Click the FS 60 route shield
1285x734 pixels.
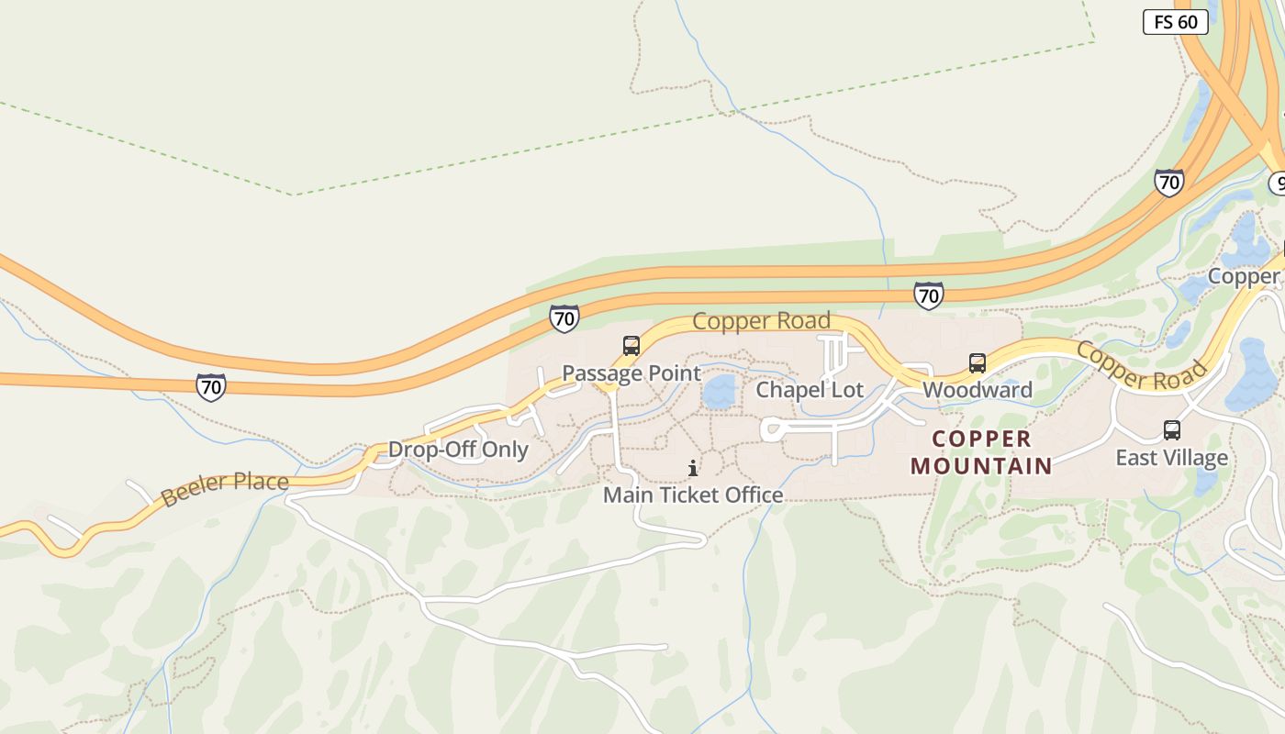(x=1175, y=22)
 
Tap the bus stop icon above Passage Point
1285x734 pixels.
(x=631, y=346)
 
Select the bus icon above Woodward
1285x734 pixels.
(x=978, y=363)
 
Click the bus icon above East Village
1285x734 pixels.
(x=1172, y=429)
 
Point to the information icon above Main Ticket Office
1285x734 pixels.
(x=693, y=469)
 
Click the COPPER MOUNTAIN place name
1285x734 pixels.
(x=981, y=451)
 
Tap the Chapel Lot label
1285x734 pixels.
(x=810, y=390)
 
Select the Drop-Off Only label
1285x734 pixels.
(x=458, y=450)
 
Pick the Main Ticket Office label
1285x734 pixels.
(x=693, y=495)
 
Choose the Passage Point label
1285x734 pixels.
(x=631, y=373)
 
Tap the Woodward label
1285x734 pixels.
(x=978, y=390)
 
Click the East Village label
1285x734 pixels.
(x=1171, y=457)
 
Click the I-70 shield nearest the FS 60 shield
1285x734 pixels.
(x=1168, y=183)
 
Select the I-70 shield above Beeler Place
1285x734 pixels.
(x=211, y=386)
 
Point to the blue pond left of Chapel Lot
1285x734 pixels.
(x=720, y=392)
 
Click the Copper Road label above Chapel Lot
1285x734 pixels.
(x=761, y=321)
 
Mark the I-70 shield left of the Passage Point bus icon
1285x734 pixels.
(x=564, y=318)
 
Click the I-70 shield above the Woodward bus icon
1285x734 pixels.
(x=928, y=295)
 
